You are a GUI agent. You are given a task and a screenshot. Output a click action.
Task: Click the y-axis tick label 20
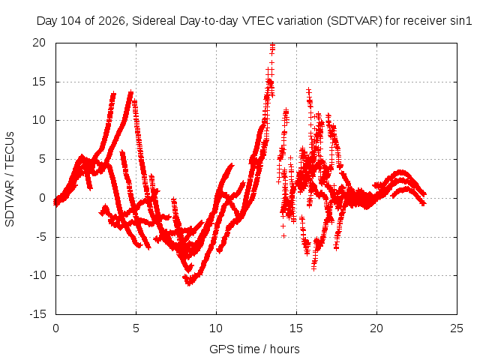pos(39,43)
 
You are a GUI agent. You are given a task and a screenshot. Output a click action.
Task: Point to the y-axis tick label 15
pos(39,82)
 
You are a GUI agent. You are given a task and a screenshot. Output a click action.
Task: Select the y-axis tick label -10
pos(37,275)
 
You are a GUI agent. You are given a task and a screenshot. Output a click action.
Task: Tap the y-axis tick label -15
pos(37,314)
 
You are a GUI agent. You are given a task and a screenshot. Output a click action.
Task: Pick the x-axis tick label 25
pos(457,328)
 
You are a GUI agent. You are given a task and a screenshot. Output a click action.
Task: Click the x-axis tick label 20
pos(376,328)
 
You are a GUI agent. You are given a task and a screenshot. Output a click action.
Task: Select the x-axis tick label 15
pos(296,328)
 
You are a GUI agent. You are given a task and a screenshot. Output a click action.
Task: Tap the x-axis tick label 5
pos(136,328)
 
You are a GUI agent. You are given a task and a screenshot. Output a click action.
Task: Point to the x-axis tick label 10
pos(216,328)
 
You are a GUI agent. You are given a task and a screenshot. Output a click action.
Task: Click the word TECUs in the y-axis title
pos(10,150)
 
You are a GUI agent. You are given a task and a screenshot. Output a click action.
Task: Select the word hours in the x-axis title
pos(285,349)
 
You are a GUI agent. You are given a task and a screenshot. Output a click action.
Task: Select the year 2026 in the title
pos(112,21)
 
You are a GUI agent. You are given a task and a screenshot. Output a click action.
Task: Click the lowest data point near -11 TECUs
pos(188,283)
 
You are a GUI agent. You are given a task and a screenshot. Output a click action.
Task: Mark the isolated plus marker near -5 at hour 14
pos(283,235)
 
